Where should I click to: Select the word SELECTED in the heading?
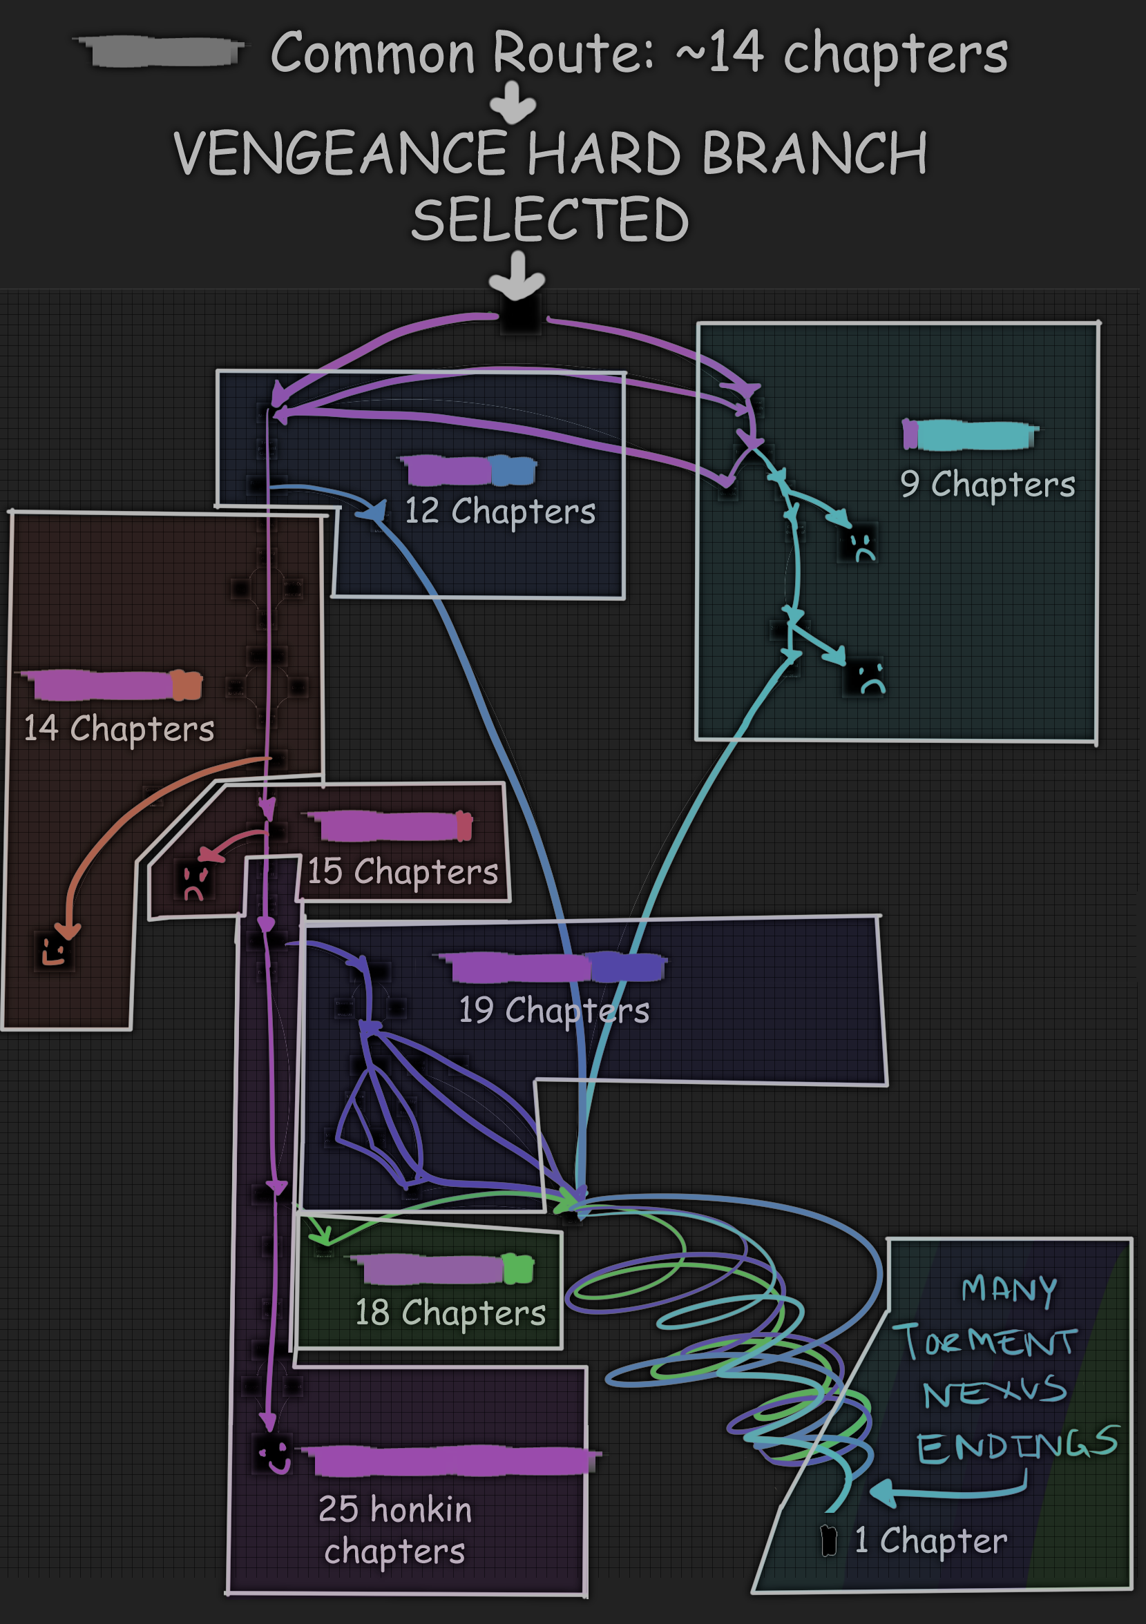[550, 220]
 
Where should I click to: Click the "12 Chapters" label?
[499, 512]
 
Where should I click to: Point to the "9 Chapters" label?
[987, 485]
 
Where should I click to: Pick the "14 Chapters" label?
[119, 728]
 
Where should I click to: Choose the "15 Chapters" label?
[403, 871]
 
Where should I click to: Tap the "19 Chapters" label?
[554, 1010]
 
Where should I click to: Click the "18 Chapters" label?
[450, 1313]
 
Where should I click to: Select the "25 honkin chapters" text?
[394, 1530]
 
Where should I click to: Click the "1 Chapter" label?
[930, 1540]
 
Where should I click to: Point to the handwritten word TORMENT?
[985, 1341]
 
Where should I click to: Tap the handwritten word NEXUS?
[994, 1393]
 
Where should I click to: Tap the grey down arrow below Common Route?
[513, 103]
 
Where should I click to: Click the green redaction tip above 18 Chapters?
[519, 1269]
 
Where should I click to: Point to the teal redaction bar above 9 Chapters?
[975, 435]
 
